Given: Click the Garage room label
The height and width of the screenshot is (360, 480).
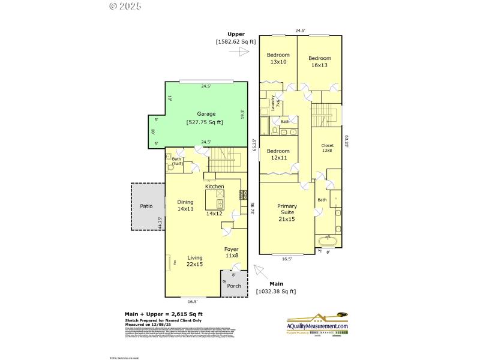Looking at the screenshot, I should pyautogui.click(x=206, y=113).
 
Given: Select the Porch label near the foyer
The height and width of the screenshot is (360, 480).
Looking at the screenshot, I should pyautogui.click(x=234, y=286).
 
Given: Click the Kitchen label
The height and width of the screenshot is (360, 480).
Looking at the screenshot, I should pyautogui.click(x=214, y=187).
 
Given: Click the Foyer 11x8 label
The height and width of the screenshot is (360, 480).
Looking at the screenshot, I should pyautogui.click(x=232, y=252).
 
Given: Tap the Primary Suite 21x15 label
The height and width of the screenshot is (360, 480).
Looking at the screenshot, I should pyautogui.click(x=287, y=213).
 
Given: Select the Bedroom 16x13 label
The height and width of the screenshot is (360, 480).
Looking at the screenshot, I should pyautogui.click(x=320, y=62).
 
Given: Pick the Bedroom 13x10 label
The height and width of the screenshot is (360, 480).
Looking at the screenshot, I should pyautogui.click(x=278, y=59).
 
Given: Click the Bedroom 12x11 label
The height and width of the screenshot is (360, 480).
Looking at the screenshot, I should pyautogui.click(x=278, y=154).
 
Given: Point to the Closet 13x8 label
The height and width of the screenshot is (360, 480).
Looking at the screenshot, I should pyautogui.click(x=327, y=148).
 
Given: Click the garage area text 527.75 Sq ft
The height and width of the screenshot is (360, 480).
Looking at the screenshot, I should pyautogui.click(x=205, y=122).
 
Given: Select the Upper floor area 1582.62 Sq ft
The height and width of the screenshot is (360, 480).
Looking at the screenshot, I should pyautogui.click(x=236, y=41).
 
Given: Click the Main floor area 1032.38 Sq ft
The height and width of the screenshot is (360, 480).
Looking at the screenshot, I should pyautogui.click(x=275, y=291).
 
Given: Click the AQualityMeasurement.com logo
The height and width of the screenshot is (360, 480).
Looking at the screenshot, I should pyautogui.click(x=317, y=323).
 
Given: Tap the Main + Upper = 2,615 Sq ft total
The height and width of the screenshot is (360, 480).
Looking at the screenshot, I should pyautogui.click(x=163, y=314).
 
